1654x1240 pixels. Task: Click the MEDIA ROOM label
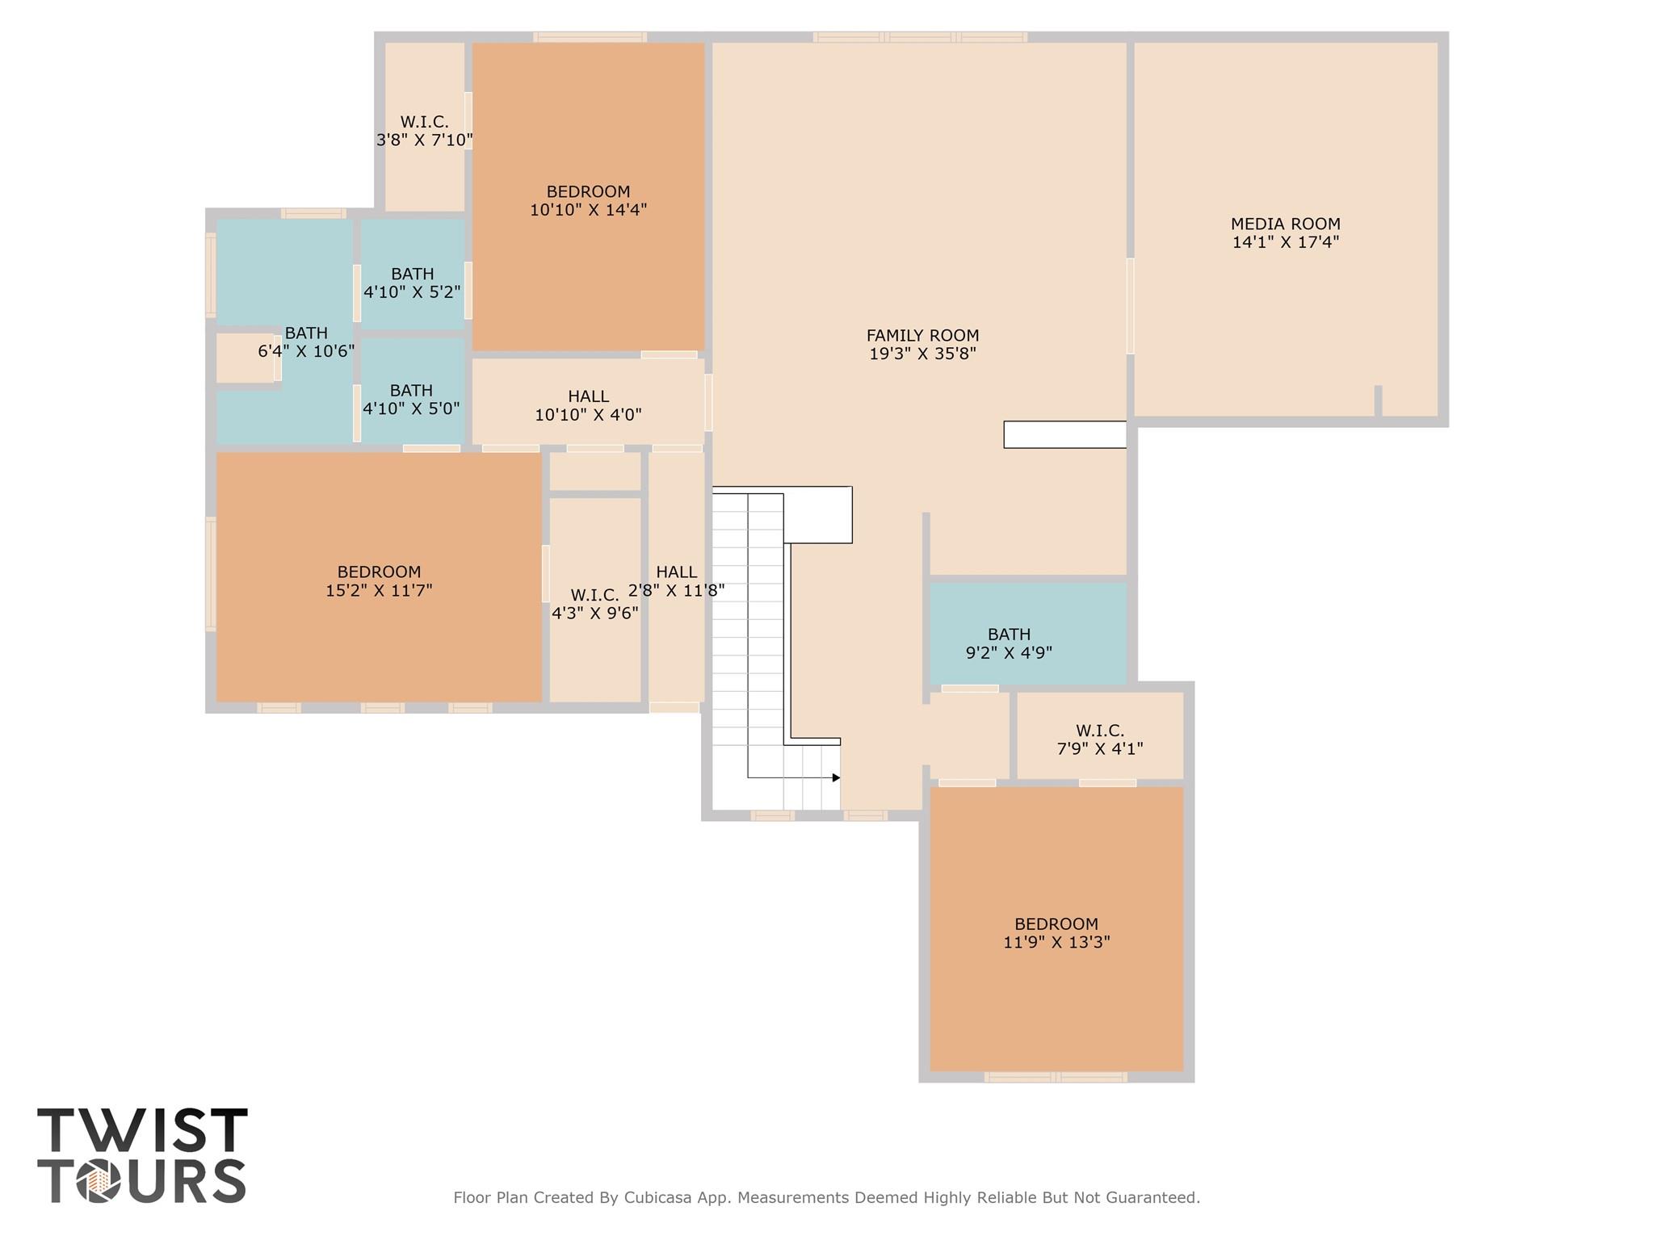(x=1285, y=224)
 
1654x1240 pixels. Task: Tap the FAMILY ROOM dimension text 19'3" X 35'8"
(x=922, y=354)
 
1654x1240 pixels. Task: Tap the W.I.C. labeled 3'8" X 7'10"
(x=424, y=131)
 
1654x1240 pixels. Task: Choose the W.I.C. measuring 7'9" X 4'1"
(x=1100, y=739)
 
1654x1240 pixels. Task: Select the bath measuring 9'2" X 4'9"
(x=1009, y=643)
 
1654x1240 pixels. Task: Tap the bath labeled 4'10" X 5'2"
(x=412, y=283)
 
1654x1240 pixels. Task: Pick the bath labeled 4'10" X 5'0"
(x=411, y=399)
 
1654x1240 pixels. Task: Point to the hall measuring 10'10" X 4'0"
(x=588, y=405)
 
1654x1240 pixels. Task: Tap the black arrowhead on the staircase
(x=836, y=777)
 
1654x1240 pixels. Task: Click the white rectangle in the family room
(x=1064, y=434)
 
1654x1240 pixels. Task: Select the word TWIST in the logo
(x=142, y=1130)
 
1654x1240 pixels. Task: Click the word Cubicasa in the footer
(x=656, y=1197)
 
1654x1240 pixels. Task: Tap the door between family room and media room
(x=1130, y=306)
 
